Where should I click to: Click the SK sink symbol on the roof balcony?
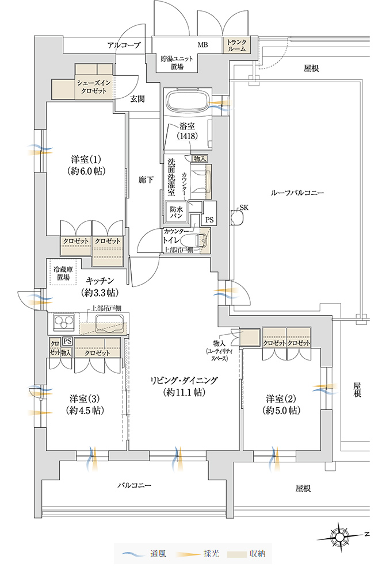coord(235,216)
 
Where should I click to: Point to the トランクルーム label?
coord(236,45)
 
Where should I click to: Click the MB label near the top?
coord(203,45)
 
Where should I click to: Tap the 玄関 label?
coord(137,99)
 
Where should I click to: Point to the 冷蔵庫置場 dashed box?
coord(61,274)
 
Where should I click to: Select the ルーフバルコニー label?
coord(292,193)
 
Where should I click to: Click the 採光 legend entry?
coord(202,554)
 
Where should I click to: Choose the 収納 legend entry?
coord(250,554)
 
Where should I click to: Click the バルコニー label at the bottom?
coord(135,486)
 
